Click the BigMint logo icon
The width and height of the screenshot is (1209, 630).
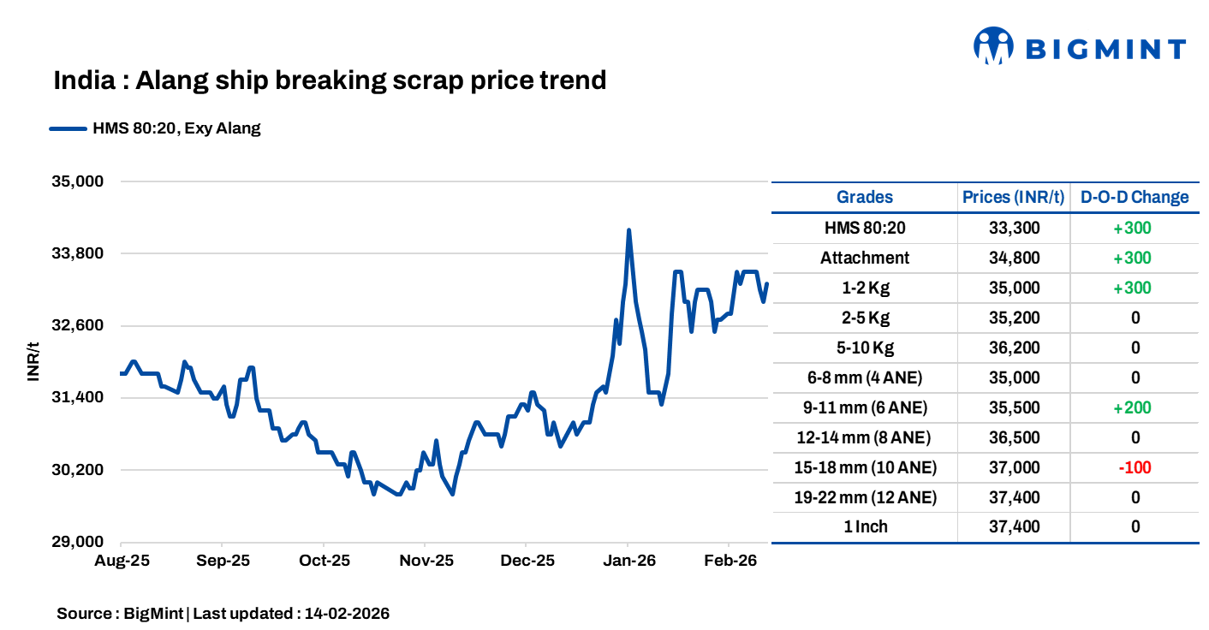993,46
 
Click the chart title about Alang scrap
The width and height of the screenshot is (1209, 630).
330,80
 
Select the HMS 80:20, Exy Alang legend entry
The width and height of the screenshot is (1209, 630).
155,129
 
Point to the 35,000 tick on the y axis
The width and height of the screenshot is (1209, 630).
78,181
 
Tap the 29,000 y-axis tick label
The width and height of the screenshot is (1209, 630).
78,542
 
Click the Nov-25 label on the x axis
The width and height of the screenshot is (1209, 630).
426,562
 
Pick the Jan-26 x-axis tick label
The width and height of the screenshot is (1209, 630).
628,562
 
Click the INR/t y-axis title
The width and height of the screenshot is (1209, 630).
33,361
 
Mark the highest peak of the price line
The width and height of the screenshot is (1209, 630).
628,230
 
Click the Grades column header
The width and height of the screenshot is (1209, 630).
864,197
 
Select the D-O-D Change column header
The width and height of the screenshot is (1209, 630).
1135,197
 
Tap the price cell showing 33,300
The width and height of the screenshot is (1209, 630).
1014,228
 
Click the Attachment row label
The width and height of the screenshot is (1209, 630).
864,258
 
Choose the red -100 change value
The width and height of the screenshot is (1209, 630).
1135,467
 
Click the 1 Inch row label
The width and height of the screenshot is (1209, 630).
865,526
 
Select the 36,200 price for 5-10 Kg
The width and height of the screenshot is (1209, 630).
1014,348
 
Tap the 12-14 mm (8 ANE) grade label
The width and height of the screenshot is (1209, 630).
864,437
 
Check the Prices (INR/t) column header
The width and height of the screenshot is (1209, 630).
1014,197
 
